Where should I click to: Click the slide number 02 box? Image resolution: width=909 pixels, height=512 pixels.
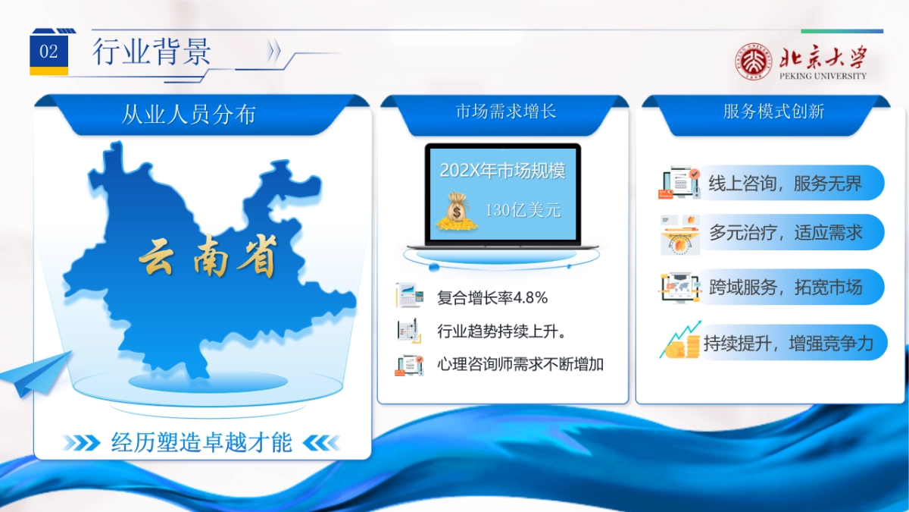tap(48, 52)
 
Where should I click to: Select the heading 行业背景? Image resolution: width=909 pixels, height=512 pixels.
tap(151, 52)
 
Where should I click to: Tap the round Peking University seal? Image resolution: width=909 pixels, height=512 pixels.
tap(754, 61)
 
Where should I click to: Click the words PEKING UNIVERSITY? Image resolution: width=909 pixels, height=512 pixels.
tap(823, 76)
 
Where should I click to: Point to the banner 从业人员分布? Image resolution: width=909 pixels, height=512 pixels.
tap(201, 115)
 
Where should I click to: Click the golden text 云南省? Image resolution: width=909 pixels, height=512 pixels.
tap(208, 257)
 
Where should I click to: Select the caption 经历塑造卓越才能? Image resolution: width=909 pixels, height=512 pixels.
tap(201, 442)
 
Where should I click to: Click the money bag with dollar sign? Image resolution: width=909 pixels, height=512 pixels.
tap(457, 212)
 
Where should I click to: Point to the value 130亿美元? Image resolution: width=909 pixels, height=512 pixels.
tap(523, 210)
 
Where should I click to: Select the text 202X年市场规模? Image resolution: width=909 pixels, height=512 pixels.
tap(502, 171)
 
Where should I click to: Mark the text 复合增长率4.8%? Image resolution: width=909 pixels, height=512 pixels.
tap(492, 298)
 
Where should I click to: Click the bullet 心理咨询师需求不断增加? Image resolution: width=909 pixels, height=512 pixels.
tap(520, 364)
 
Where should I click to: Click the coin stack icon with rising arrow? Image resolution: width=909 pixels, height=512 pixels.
tap(680, 341)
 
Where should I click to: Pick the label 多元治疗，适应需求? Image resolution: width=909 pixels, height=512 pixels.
tap(786, 232)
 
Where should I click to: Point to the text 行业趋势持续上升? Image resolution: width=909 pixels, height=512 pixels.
tap(501, 331)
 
